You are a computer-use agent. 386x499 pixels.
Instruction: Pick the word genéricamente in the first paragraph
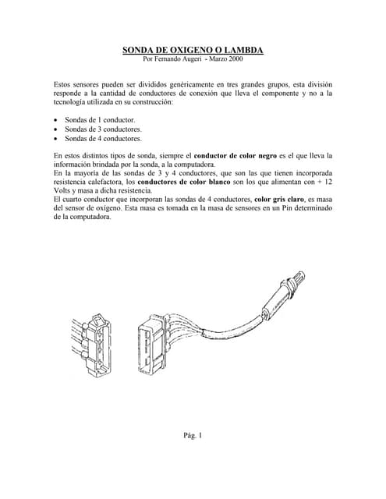click(x=183, y=84)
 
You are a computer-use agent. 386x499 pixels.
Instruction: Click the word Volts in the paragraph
click(x=63, y=191)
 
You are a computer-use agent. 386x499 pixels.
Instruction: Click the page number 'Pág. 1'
click(x=193, y=434)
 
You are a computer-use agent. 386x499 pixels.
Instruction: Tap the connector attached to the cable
click(x=153, y=345)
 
